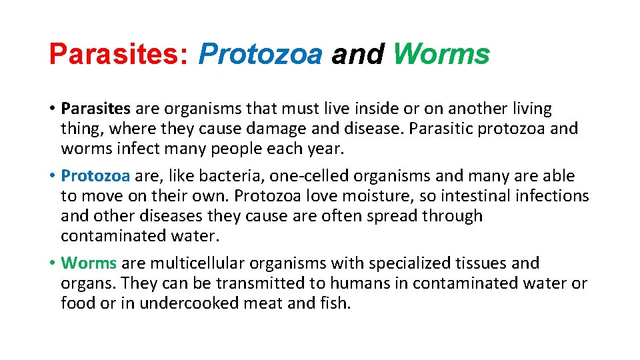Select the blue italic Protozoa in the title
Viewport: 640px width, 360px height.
(260, 54)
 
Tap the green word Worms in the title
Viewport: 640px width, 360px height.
(441, 54)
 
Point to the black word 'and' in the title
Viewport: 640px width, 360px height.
(357, 54)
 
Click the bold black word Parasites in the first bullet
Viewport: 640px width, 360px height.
(96, 109)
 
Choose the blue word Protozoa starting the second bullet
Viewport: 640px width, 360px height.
(95, 176)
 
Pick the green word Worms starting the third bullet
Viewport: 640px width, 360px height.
(88, 263)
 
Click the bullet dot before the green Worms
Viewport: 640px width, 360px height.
(52, 264)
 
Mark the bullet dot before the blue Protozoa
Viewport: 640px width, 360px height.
(52, 177)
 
